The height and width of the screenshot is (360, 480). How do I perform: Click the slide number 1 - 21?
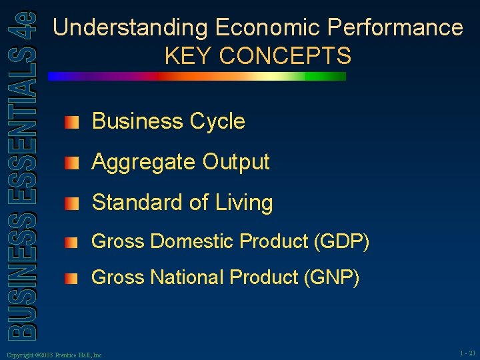pos(467,353)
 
